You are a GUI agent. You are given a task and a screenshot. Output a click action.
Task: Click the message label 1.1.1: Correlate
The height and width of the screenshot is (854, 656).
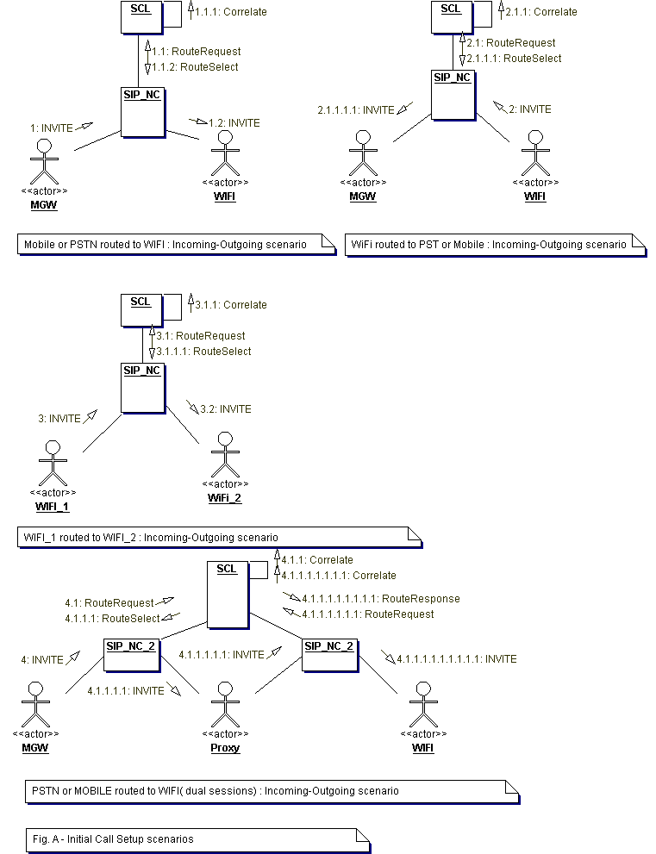tap(231, 12)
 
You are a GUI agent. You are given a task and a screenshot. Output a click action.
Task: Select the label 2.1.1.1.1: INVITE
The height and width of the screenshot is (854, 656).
tap(356, 110)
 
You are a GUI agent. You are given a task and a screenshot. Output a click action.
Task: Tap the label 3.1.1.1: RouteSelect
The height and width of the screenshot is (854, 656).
tap(203, 352)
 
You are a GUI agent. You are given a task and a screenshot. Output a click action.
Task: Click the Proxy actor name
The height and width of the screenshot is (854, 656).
tap(225, 748)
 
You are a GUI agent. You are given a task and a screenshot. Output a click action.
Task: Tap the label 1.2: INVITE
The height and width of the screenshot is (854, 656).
tap(234, 123)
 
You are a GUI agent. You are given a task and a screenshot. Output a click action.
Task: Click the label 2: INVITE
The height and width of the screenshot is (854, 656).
tap(529, 109)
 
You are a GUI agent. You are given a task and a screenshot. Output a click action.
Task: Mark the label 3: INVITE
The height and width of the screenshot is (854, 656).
tap(59, 419)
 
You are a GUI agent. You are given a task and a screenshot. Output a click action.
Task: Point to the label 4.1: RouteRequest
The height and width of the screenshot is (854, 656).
tap(109, 604)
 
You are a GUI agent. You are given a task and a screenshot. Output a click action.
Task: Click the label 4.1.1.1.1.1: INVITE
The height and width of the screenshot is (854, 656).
tap(222, 655)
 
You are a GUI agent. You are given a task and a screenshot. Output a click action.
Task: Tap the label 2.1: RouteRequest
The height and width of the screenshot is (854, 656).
tap(510, 43)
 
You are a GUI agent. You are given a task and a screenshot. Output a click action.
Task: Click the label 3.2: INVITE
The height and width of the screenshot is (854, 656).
tap(226, 409)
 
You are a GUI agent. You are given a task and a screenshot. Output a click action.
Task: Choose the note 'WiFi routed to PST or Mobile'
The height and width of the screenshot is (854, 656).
tap(489, 245)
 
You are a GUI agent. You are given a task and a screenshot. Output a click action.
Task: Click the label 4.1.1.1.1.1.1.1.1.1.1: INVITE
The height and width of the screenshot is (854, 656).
tap(457, 659)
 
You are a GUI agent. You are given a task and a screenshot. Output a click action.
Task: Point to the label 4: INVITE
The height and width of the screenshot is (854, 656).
tap(42, 660)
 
